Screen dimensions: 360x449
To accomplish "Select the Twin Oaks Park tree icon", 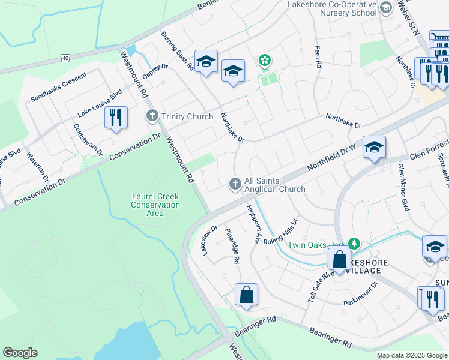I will [355, 244].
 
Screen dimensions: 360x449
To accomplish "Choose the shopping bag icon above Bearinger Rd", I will [246, 295].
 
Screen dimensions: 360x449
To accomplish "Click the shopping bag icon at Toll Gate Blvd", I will [339, 259].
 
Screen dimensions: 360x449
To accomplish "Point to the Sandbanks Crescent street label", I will [59, 87].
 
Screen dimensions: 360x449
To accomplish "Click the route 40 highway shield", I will [65, 58].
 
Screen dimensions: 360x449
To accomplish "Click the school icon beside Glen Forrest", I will [374, 147].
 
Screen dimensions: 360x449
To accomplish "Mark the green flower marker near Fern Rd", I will [264, 60].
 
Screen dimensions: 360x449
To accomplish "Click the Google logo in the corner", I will [20, 353].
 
